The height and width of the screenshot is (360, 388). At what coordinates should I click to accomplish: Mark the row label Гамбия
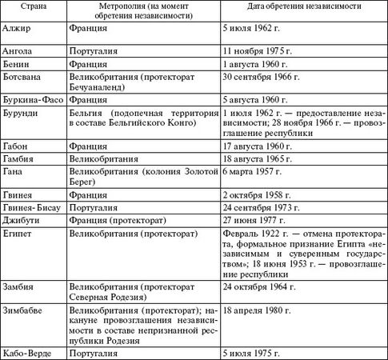tap(21, 160)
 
